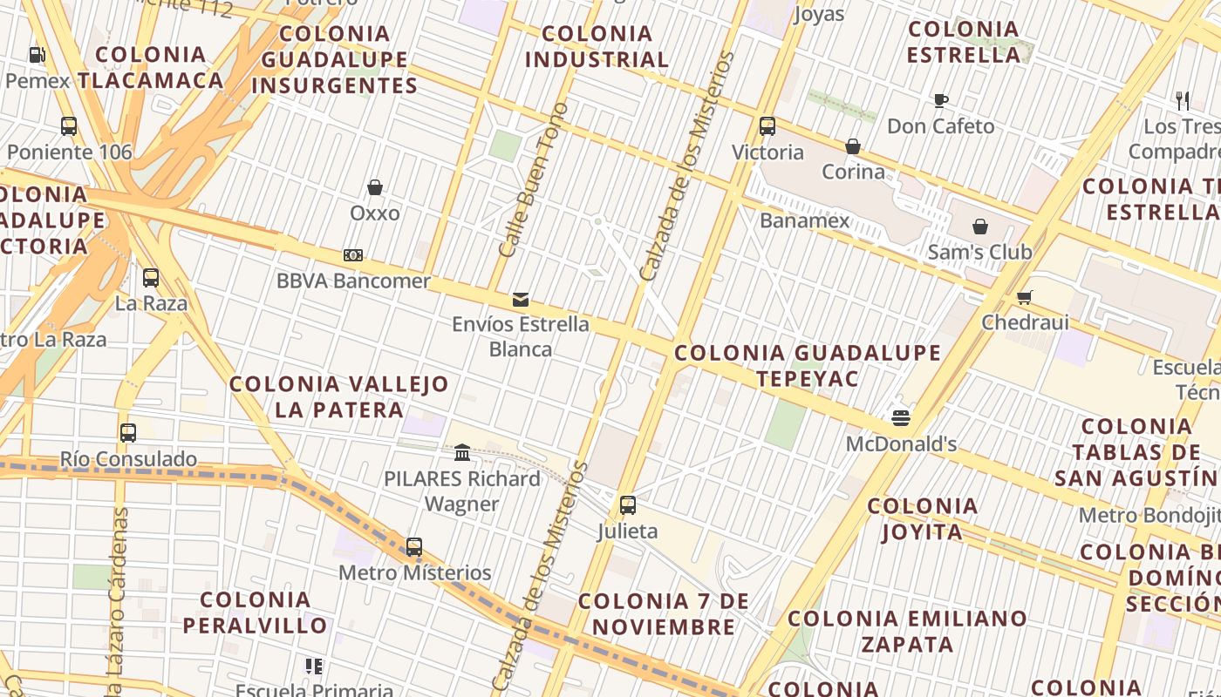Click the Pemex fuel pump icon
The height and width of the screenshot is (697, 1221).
click(x=37, y=55)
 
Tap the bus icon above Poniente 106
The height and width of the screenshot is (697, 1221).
click(x=69, y=125)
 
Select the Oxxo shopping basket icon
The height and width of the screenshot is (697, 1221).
click(x=375, y=187)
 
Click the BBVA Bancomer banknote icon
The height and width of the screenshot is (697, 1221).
click(x=353, y=255)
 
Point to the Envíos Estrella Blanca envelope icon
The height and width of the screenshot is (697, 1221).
click(x=521, y=300)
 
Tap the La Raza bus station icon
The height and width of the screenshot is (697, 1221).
click(x=151, y=278)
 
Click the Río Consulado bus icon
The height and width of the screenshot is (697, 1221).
click(x=128, y=432)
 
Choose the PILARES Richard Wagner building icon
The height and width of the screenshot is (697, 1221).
click(x=462, y=452)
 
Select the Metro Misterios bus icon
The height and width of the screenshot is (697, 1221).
click(x=414, y=547)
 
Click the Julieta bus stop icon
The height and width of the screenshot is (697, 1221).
click(x=627, y=504)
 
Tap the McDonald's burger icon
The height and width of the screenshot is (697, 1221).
click(x=901, y=418)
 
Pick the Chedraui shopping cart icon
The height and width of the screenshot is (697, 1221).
click(x=1025, y=297)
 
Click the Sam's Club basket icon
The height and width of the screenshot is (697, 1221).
click(x=980, y=227)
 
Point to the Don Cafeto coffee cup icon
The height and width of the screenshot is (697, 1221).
click(x=941, y=100)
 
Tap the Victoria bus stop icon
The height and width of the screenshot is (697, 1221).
click(x=767, y=125)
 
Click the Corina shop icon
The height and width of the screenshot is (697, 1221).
click(x=853, y=145)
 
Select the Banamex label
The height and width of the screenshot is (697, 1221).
click(x=804, y=220)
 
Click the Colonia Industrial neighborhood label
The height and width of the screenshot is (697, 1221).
click(x=597, y=47)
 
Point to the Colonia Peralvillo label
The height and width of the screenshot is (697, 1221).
click(x=255, y=612)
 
